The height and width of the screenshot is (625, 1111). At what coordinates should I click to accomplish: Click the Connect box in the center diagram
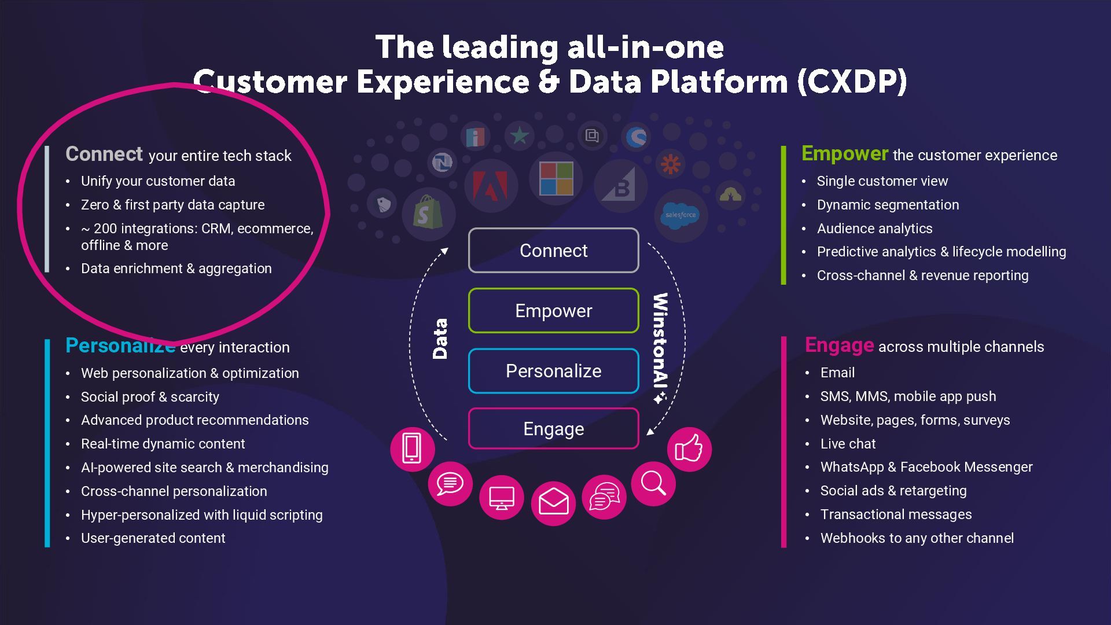point(553,251)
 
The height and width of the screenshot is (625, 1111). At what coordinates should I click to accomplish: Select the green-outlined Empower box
point(553,311)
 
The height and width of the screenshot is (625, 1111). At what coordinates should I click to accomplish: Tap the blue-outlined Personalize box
point(553,371)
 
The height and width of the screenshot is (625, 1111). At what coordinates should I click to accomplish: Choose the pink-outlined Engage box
point(553,429)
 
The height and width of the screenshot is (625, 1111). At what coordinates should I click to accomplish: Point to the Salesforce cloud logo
point(680,215)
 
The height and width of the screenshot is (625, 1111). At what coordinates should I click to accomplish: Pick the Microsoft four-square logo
point(556,179)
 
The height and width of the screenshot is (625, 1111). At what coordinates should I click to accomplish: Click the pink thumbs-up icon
point(689,449)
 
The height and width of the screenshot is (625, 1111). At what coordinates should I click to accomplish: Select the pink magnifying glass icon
point(653,483)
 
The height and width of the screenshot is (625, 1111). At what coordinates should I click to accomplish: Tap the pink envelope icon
point(553,502)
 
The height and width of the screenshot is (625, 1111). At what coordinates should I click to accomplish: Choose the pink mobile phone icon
point(412,448)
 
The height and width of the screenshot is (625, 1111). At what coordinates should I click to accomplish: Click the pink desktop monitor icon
point(501,498)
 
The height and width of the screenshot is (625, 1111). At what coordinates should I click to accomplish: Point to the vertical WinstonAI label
point(660,347)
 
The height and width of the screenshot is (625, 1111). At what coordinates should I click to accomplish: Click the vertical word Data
point(440,339)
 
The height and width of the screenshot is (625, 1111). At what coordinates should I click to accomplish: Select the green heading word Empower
point(844,154)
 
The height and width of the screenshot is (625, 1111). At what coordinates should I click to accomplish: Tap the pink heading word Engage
point(839,345)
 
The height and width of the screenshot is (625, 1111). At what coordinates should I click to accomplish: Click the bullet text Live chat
point(848,444)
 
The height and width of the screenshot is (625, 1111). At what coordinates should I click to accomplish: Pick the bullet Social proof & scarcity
point(150,397)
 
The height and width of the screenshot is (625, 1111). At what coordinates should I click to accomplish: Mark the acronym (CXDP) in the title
point(852,82)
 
